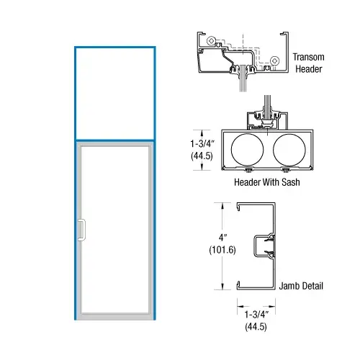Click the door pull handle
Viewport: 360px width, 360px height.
81,229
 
